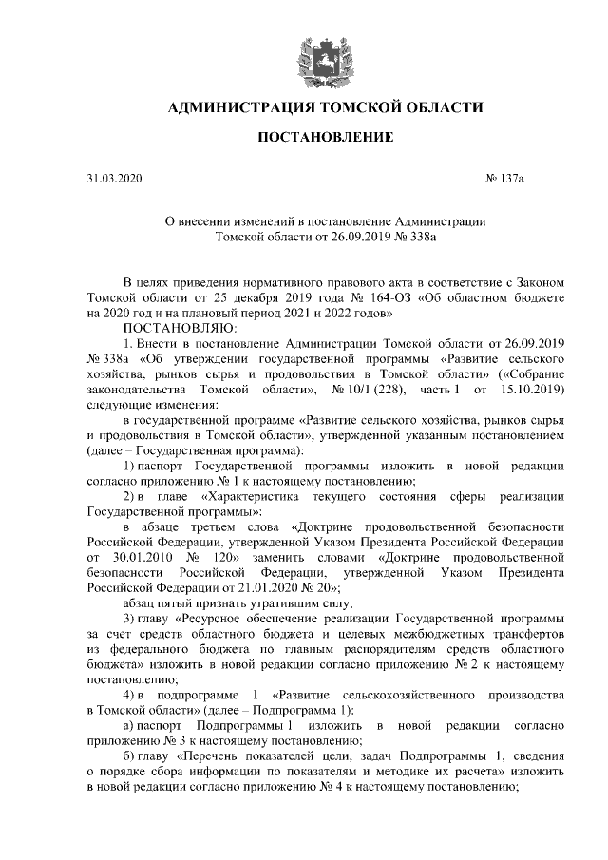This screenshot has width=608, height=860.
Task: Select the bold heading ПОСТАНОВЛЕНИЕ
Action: (326, 139)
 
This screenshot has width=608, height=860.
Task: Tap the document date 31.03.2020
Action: (113, 179)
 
